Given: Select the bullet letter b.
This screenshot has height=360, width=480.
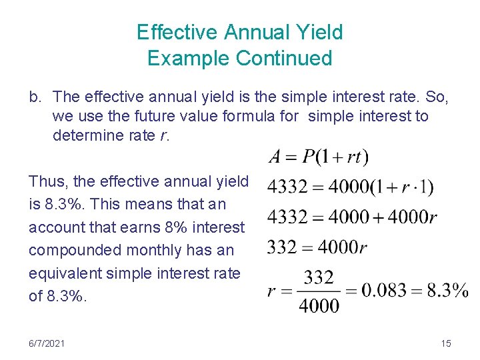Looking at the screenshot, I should tap(35, 97).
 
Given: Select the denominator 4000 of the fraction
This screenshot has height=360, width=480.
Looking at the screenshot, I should tap(319, 306).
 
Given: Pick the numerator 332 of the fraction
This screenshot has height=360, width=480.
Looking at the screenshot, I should tap(319, 278).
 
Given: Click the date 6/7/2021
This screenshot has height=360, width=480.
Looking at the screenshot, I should tap(47, 343).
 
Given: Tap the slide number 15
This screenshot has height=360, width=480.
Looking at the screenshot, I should tap(446, 343).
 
